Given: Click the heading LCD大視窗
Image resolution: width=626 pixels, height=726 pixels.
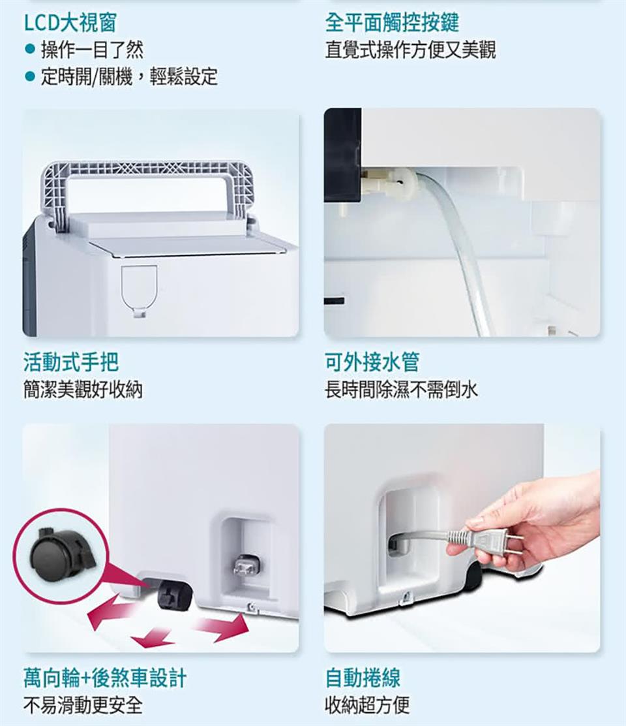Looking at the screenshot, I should tap(70, 23).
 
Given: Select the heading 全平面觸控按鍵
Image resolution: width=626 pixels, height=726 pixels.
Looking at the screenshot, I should tap(392, 23).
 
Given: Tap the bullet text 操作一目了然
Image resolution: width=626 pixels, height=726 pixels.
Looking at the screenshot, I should tap(92, 50).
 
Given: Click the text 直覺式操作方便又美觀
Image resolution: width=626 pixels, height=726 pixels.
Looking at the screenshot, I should tap(410, 50).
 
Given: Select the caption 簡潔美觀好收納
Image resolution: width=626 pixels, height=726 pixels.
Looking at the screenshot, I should tap(83, 390).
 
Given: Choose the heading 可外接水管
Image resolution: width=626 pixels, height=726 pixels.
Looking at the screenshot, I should tap(372, 361).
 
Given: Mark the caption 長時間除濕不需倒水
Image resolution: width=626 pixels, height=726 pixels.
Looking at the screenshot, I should tap(402, 390).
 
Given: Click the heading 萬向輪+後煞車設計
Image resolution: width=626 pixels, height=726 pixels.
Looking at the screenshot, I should tap(104, 678).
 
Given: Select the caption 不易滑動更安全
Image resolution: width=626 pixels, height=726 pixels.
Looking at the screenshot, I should tap(83, 705).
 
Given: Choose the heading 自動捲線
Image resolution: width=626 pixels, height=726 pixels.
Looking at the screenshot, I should tap(363, 678).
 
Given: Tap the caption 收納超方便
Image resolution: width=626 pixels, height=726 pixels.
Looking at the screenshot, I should tap(368, 705).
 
